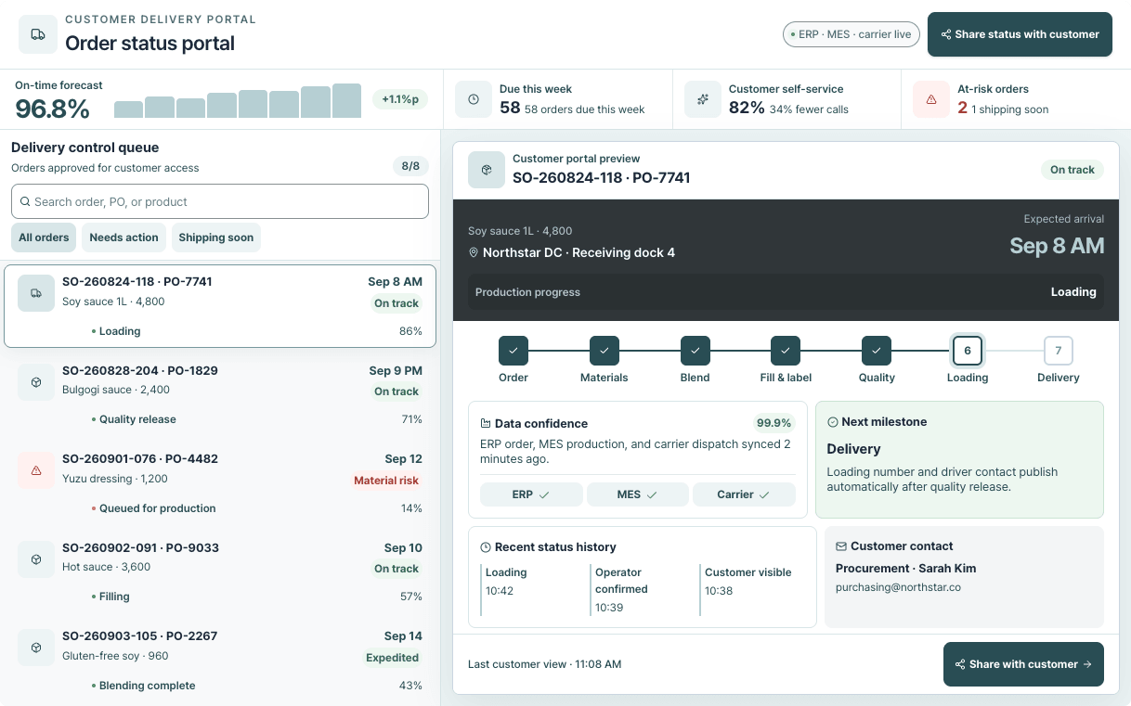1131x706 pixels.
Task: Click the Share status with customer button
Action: click(1020, 34)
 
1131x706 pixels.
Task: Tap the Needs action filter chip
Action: click(123, 237)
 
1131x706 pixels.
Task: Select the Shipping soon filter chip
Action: click(216, 237)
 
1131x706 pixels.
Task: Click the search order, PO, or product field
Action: click(220, 201)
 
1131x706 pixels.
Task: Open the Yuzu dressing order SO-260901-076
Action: click(220, 483)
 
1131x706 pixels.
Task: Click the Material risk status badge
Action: click(386, 481)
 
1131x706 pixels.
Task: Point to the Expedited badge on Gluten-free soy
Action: click(392, 658)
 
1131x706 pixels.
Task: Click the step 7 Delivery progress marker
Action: click(1059, 351)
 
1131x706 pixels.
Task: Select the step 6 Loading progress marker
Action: click(968, 351)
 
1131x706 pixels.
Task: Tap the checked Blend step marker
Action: click(695, 351)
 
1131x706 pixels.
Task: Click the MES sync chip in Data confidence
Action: click(637, 494)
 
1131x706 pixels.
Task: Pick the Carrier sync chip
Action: click(744, 494)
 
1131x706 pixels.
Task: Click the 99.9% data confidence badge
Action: click(773, 423)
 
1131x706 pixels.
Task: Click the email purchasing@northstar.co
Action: click(898, 587)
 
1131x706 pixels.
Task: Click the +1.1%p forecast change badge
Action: click(400, 99)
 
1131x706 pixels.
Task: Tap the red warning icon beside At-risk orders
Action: click(931, 99)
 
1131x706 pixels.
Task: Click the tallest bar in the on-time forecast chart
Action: click(347, 101)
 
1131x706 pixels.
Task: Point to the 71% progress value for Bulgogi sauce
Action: click(411, 419)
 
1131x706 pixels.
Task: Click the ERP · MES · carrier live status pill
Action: click(851, 34)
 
